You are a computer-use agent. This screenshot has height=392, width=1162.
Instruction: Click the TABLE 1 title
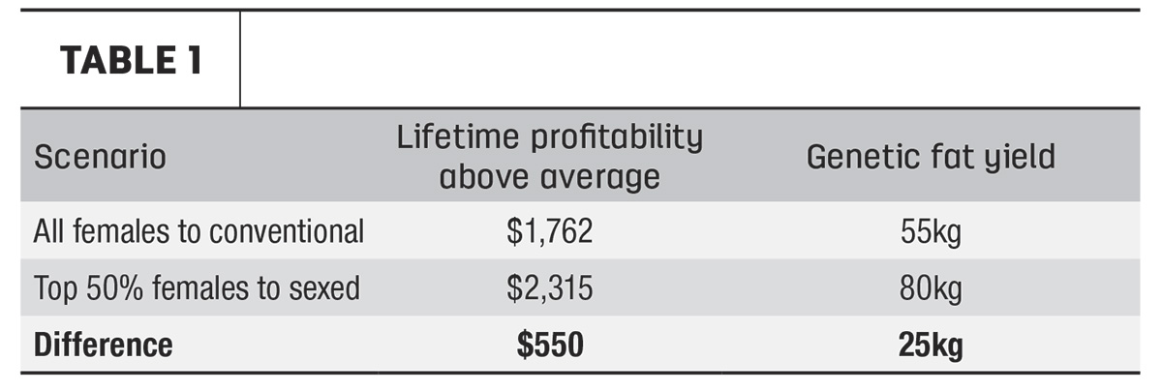tap(131, 60)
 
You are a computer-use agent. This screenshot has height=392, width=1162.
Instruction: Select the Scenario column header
tap(100, 157)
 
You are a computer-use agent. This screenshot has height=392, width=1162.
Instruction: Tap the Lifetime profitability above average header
tap(549, 157)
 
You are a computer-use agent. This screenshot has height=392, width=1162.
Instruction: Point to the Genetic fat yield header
tap(931, 157)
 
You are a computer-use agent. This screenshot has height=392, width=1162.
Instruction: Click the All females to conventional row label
tap(199, 231)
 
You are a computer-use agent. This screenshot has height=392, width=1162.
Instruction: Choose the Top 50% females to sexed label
tap(197, 288)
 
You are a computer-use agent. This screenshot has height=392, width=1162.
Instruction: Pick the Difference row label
tap(104, 345)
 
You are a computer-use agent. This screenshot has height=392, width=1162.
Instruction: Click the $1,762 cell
tap(549, 231)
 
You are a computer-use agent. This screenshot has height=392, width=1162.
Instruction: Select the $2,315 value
tap(549, 288)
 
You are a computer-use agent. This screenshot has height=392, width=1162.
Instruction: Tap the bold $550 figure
tap(550, 345)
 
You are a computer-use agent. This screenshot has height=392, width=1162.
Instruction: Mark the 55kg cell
tap(931, 231)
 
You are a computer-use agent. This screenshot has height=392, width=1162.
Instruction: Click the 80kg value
tap(931, 288)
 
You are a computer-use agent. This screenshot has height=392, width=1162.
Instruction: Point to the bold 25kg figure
tap(931, 346)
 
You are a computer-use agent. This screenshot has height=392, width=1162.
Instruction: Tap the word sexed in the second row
tap(324, 288)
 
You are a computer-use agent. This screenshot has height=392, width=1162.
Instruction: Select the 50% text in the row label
tap(114, 288)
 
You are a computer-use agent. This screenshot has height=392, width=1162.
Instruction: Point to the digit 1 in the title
tap(195, 60)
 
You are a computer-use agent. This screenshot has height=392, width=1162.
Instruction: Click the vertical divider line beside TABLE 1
tap(240, 59)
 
